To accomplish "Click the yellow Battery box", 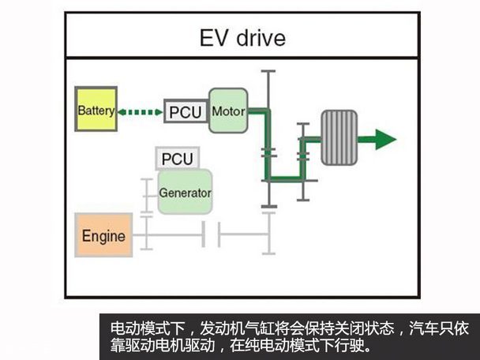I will (96, 111).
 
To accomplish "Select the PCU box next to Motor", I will (186, 111).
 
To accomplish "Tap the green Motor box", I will (228, 111).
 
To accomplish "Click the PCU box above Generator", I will (177, 159).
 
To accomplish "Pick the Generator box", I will (185, 192).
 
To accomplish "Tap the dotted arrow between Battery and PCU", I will (140, 111).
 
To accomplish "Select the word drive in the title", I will (261, 38).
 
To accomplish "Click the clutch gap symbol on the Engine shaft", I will (211, 234).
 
